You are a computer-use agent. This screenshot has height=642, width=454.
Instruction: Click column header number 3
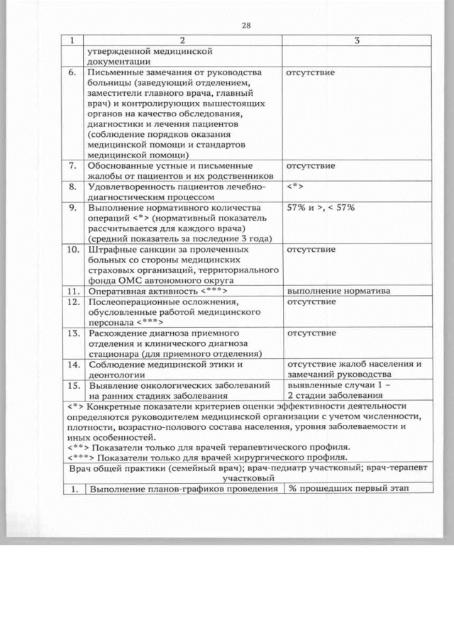click(357, 40)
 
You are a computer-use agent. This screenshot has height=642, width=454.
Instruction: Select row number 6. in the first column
click(72, 72)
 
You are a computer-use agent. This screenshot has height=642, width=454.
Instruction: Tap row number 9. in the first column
click(72, 208)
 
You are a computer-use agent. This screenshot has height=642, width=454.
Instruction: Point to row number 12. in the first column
click(72, 302)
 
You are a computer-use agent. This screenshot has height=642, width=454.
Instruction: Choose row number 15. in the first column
click(72, 385)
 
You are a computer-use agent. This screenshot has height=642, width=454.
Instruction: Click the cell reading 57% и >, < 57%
click(320, 208)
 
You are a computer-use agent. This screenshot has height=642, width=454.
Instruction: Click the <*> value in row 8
click(295, 187)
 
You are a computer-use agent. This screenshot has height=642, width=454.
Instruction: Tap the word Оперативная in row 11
click(116, 292)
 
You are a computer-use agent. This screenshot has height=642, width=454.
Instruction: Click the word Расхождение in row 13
click(117, 333)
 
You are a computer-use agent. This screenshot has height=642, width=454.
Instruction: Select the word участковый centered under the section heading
click(248, 479)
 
